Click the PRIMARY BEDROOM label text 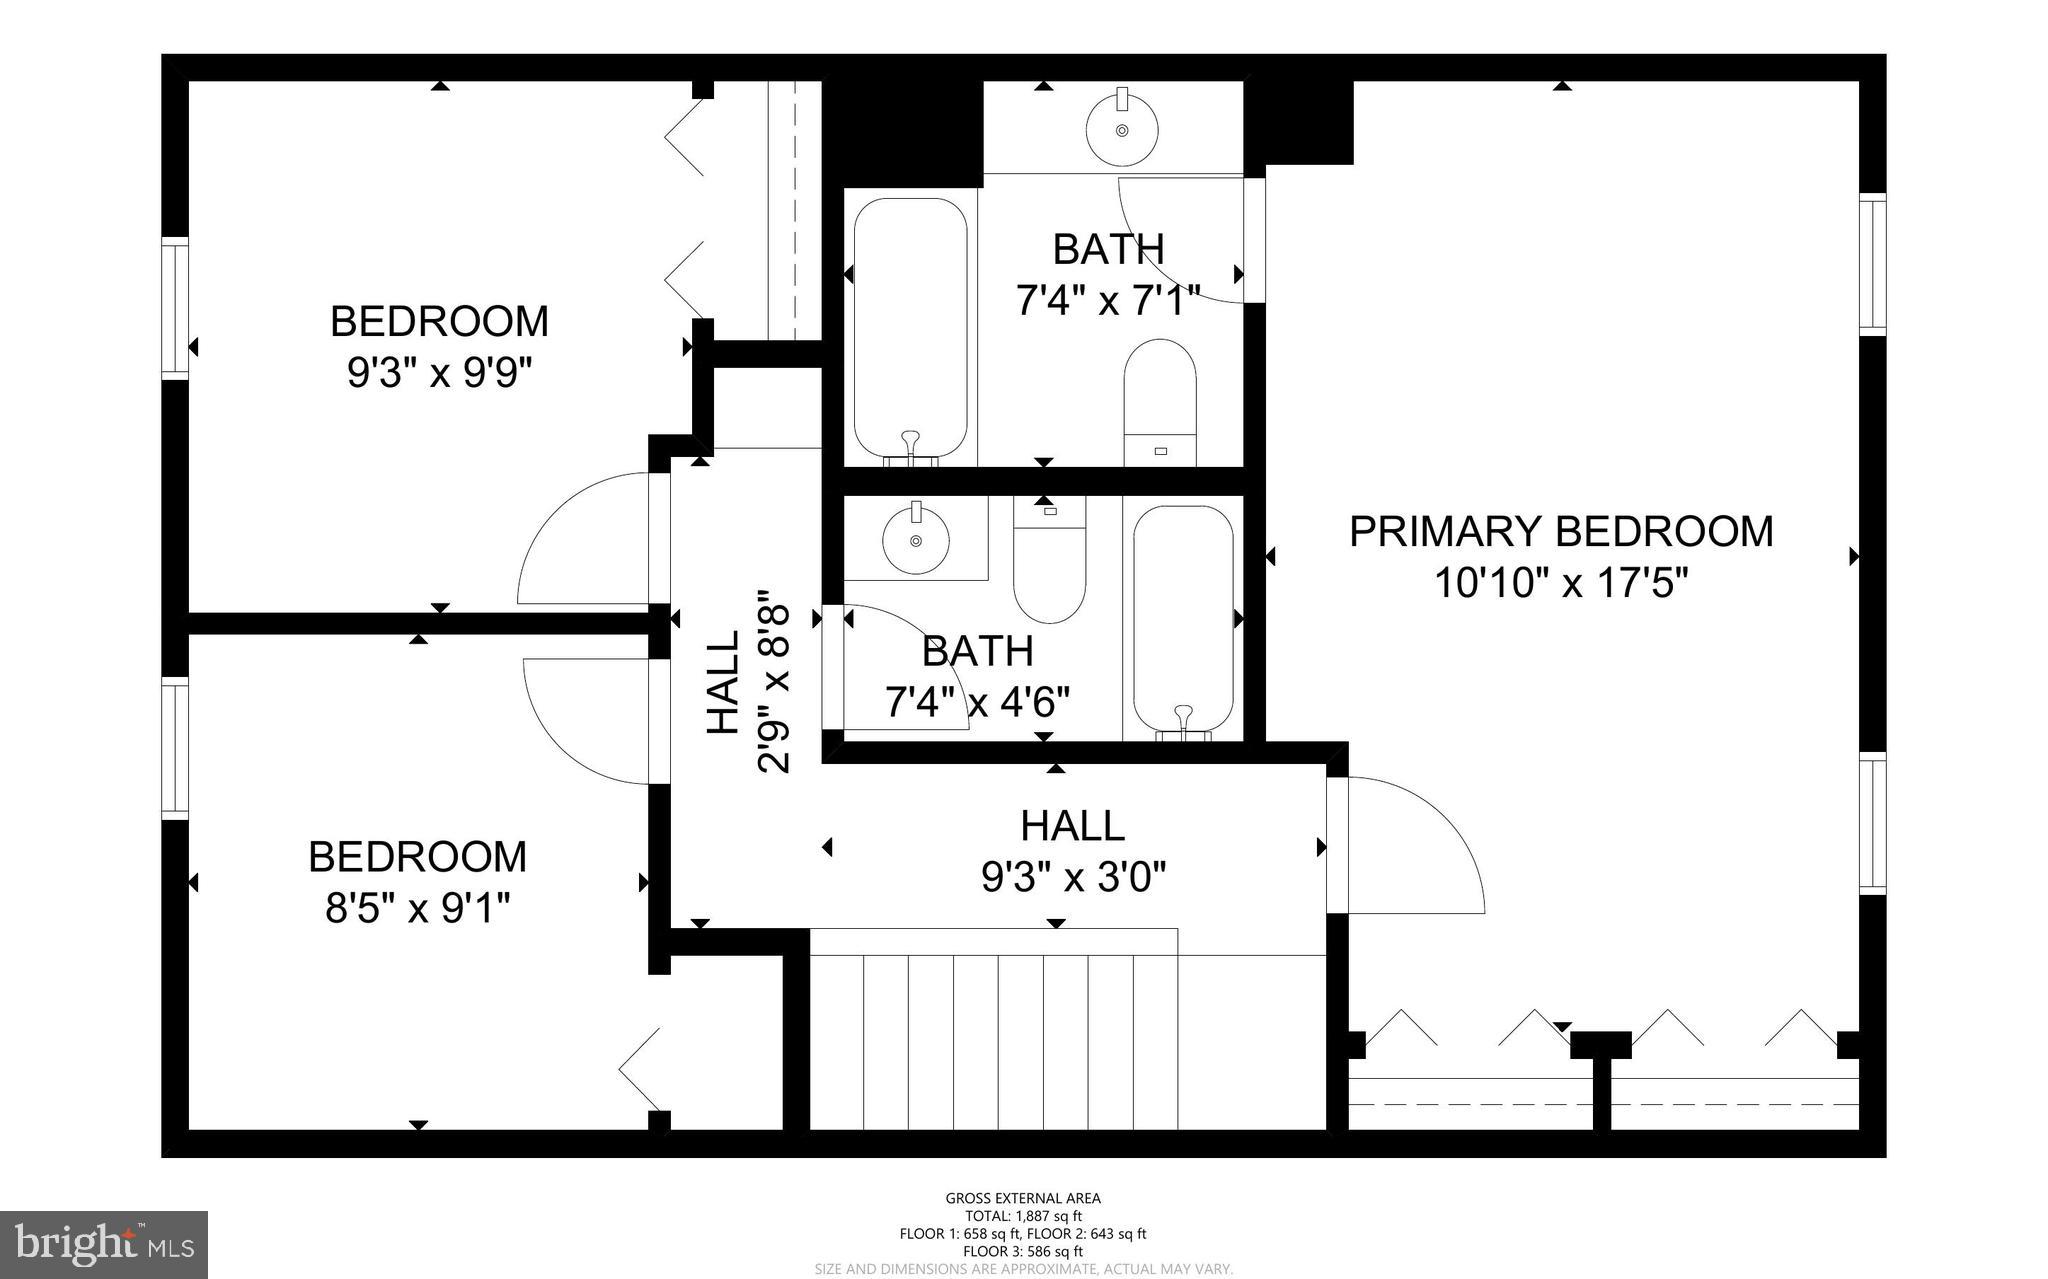click(x=1560, y=531)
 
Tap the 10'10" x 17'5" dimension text click(x=1560, y=583)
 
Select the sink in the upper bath click(x=1122, y=129)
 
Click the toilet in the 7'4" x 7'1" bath click(x=1160, y=400)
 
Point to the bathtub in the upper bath click(x=910, y=330)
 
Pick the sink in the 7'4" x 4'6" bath click(x=916, y=540)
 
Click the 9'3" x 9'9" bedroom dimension click(x=439, y=374)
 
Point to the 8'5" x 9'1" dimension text click(x=418, y=909)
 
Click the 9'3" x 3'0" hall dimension click(x=1074, y=878)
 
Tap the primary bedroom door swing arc click(x=1420, y=840)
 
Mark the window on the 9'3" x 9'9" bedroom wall click(x=176, y=308)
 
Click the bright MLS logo click(x=104, y=1244)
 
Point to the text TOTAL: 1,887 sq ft click(x=1023, y=1216)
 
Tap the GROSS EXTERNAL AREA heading click(x=1023, y=1198)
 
